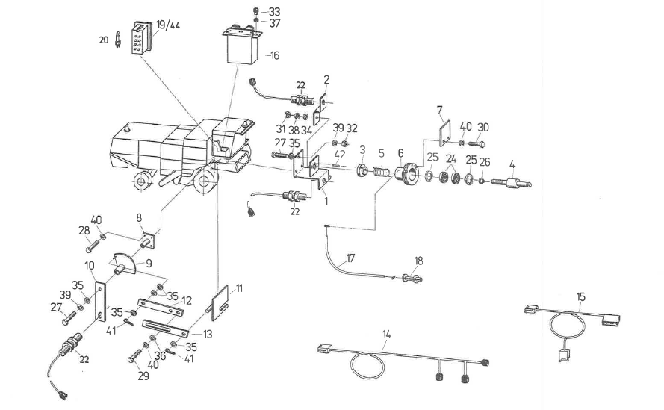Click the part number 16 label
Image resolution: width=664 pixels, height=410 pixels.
(275, 56)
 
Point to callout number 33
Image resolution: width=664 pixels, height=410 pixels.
(275, 12)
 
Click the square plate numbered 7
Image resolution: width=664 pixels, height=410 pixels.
(444, 135)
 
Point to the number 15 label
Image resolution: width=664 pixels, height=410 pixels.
(580, 297)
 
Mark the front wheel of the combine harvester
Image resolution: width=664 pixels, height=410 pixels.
(204, 180)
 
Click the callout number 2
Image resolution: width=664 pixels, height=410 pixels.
(326, 78)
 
